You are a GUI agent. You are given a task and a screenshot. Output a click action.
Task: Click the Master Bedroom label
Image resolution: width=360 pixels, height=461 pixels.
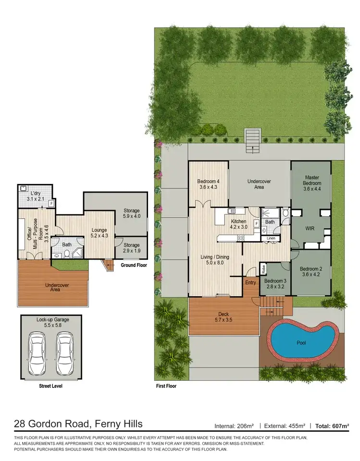click(311, 180)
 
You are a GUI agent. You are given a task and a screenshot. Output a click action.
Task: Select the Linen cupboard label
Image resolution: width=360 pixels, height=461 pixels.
click(271, 238)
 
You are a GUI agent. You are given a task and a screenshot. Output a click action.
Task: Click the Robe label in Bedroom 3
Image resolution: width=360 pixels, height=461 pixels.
click(264, 267)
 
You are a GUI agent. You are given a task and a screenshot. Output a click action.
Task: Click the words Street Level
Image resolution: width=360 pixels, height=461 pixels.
click(50, 386)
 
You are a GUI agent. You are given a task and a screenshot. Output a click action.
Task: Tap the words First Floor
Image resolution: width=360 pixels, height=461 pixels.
click(166, 386)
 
